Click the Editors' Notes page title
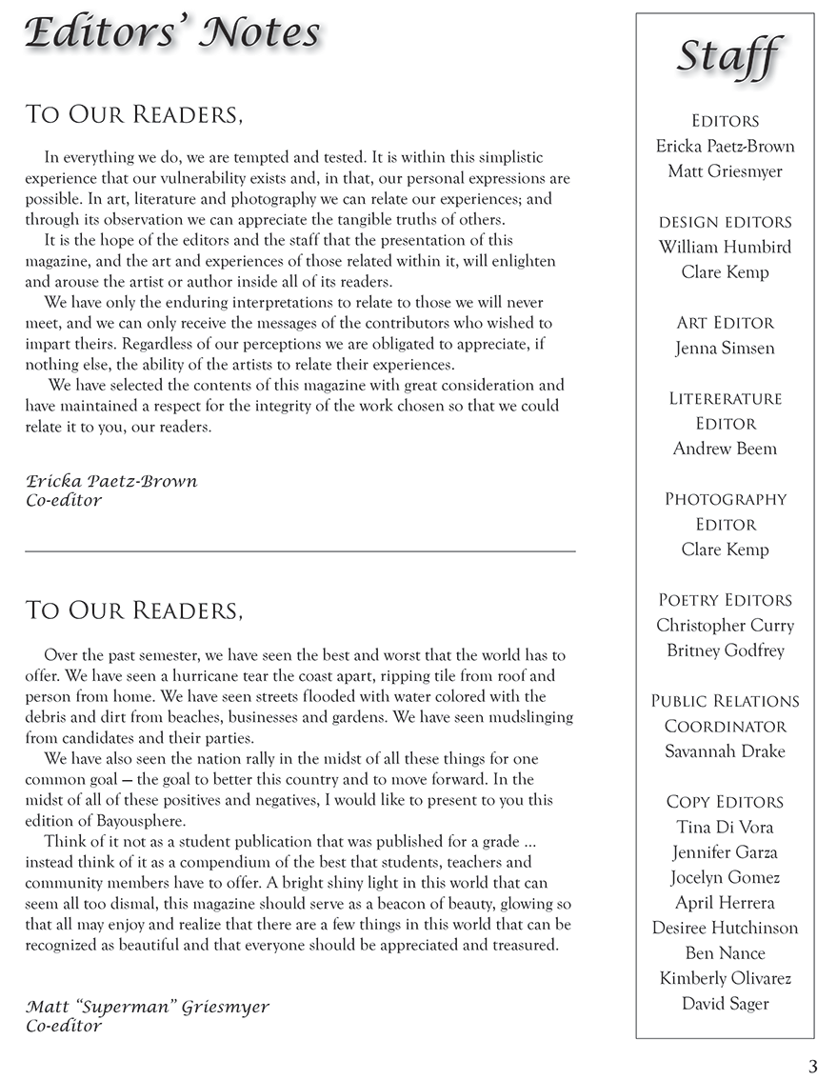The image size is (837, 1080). tap(172, 33)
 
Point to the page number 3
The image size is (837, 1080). tap(811, 1065)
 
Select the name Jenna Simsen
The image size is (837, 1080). tap(725, 348)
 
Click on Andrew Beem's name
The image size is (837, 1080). tap(725, 449)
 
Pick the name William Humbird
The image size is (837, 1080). tap(725, 247)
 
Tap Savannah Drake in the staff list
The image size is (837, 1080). tap(725, 751)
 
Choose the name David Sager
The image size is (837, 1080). tap(725, 1003)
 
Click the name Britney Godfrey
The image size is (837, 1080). tap(725, 650)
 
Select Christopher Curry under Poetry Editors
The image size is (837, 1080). tap(725, 626)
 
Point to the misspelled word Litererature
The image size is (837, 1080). tap(725, 398)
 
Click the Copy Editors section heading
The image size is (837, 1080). tap(725, 802)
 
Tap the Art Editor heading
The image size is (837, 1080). tap(725, 323)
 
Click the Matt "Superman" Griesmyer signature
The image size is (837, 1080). tap(148, 1007)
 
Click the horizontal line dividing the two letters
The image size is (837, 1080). tap(300, 551)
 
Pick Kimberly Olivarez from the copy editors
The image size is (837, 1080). tap(725, 978)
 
